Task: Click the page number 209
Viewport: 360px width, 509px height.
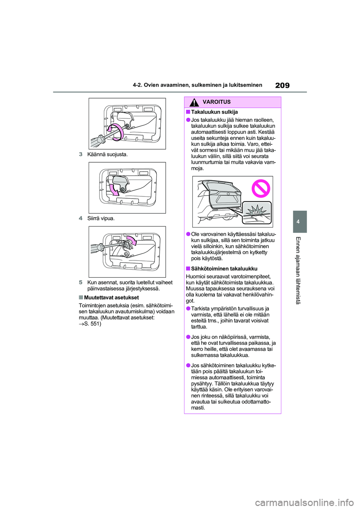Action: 282,85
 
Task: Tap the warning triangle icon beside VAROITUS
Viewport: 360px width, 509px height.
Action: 194,102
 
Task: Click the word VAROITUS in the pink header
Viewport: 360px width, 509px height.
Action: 216,102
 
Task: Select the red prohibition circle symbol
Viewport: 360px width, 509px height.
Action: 261,188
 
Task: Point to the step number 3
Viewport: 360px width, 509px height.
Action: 81,154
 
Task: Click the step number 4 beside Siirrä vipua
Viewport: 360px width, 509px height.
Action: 81,219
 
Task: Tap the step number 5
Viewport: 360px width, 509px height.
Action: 81,283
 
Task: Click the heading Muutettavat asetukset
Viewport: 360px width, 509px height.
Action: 111,298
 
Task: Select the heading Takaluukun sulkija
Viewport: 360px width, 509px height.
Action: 214,112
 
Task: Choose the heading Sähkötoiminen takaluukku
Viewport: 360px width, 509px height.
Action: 224,269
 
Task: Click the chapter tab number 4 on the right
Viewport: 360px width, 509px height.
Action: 298,222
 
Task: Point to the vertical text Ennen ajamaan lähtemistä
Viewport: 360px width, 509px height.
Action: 298,270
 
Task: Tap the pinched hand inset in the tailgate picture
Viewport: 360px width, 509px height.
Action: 256,213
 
